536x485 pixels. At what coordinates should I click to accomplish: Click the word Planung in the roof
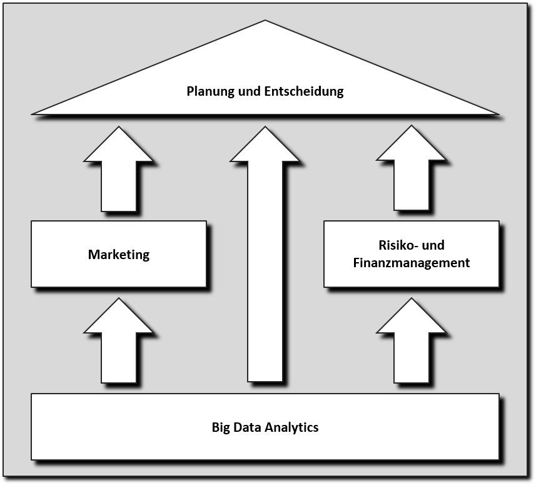click(211, 91)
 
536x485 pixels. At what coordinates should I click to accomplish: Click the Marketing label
click(119, 255)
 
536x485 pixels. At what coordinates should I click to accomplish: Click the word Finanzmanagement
click(411, 263)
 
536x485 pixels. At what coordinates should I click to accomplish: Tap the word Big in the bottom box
click(222, 428)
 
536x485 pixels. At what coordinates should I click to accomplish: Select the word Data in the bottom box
click(248, 428)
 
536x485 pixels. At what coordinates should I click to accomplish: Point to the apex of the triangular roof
click(265, 22)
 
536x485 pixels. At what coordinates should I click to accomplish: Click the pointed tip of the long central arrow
click(265, 128)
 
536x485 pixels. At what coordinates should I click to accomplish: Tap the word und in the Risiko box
click(433, 245)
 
